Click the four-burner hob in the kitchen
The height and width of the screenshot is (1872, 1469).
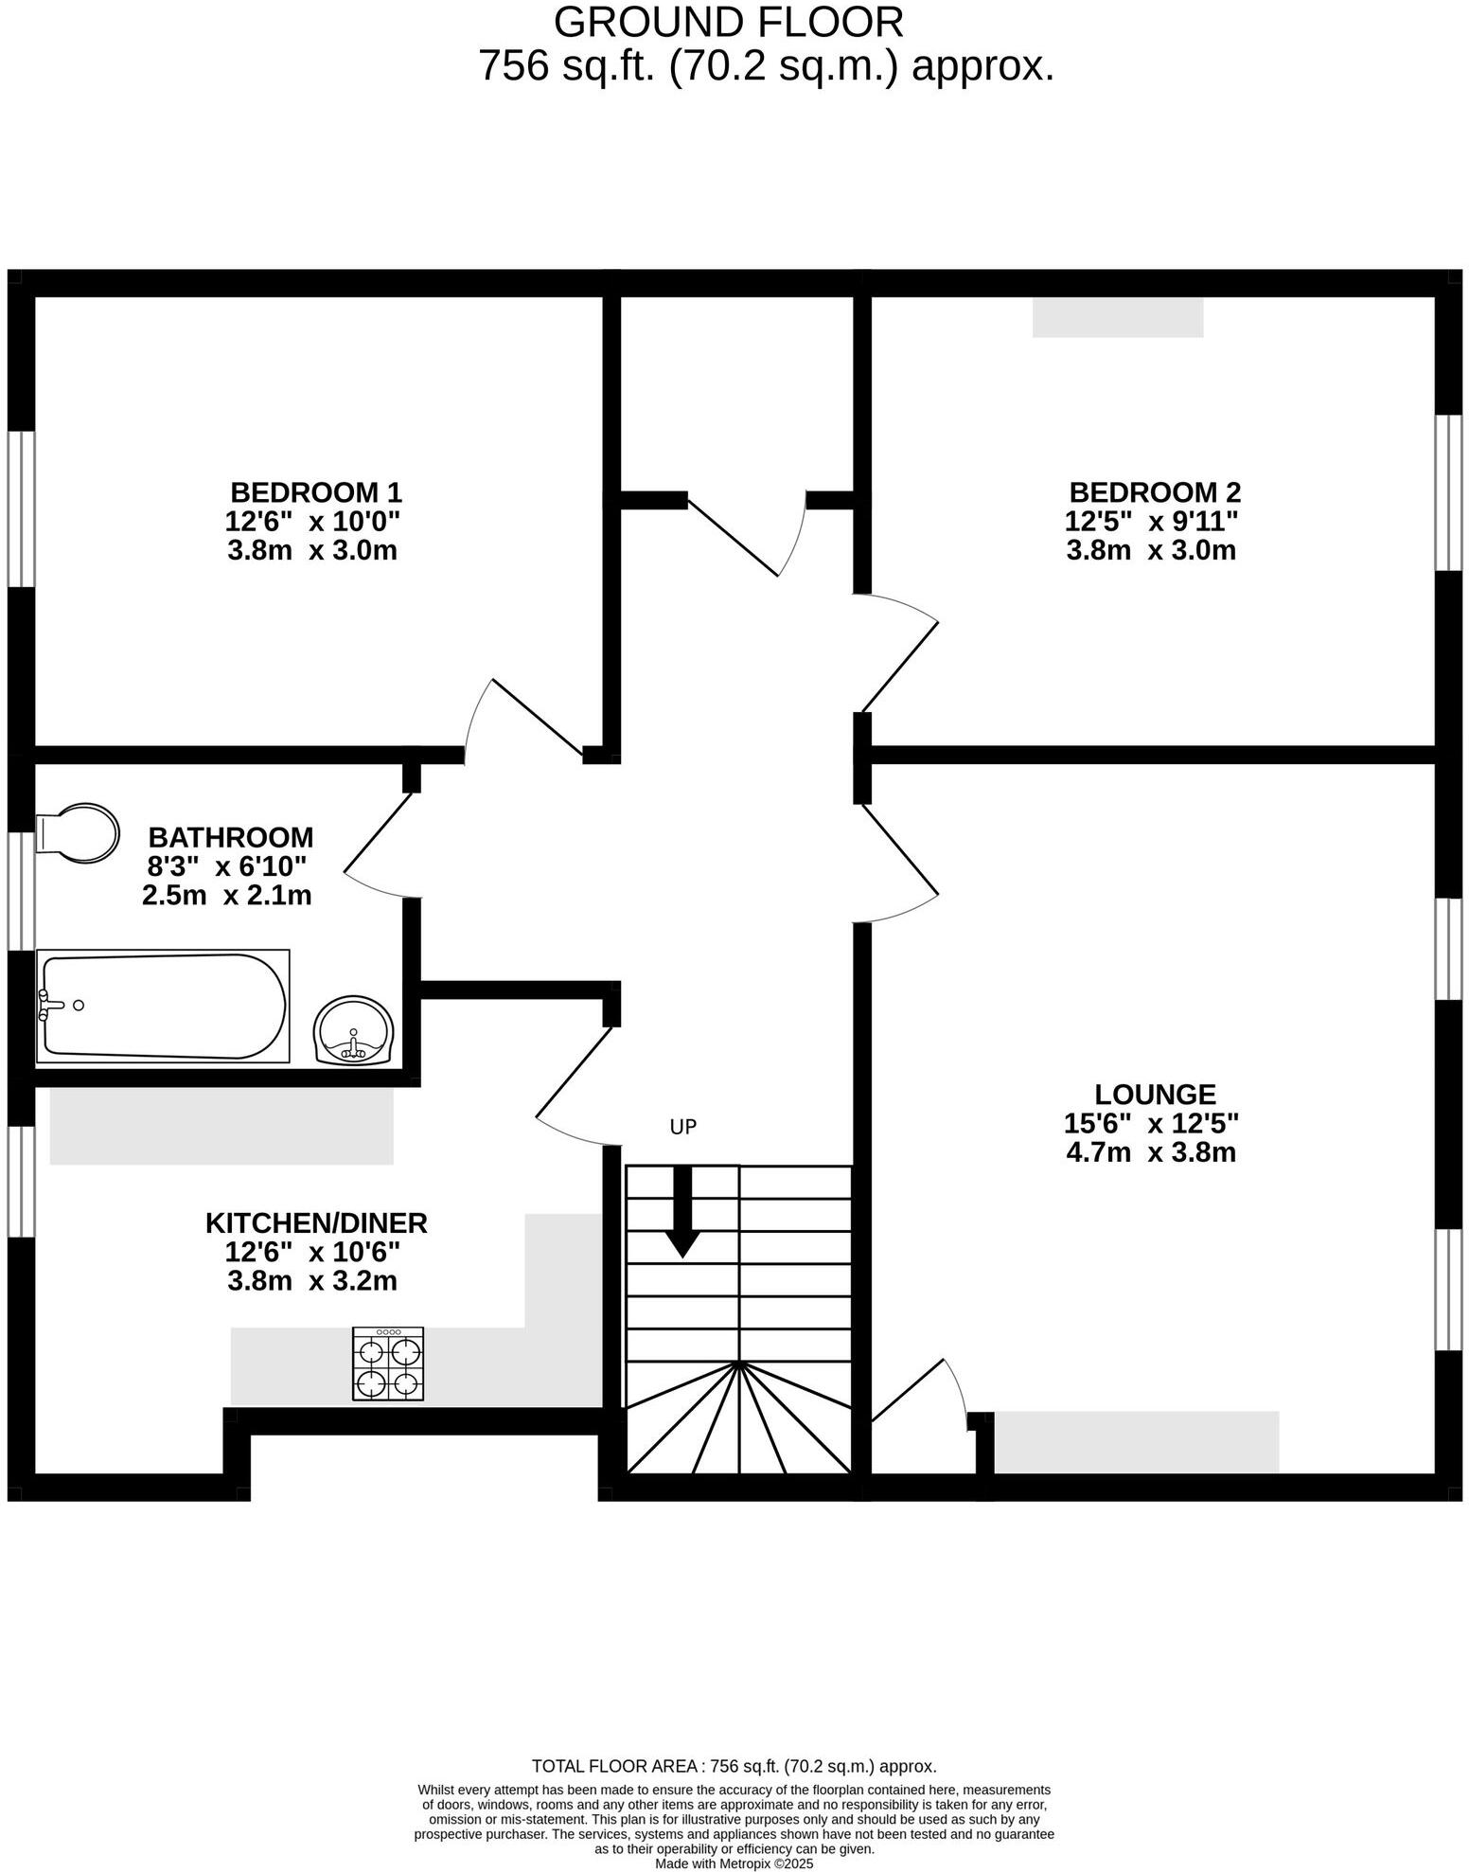(388, 1364)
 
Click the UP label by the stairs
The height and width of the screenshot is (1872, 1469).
(683, 1127)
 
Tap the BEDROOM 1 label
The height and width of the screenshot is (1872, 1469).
(316, 492)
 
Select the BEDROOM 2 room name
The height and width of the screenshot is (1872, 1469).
(1155, 492)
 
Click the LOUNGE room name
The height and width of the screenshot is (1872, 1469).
(1155, 1095)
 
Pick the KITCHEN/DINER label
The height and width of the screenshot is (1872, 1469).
(316, 1222)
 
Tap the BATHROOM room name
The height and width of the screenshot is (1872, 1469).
(231, 837)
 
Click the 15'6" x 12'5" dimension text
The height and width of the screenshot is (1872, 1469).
(1152, 1124)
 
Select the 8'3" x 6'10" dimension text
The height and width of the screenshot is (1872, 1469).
(227, 866)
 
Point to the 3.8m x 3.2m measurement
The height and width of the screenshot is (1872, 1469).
(312, 1281)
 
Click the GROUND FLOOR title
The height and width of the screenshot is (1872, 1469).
(729, 22)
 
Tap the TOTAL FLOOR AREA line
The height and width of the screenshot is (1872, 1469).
(734, 1766)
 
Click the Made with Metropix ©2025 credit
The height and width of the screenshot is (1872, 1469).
(734, 1863)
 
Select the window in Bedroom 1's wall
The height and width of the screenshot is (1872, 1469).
(21, 508)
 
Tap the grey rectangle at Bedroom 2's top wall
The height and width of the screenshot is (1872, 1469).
(1118, 317)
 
